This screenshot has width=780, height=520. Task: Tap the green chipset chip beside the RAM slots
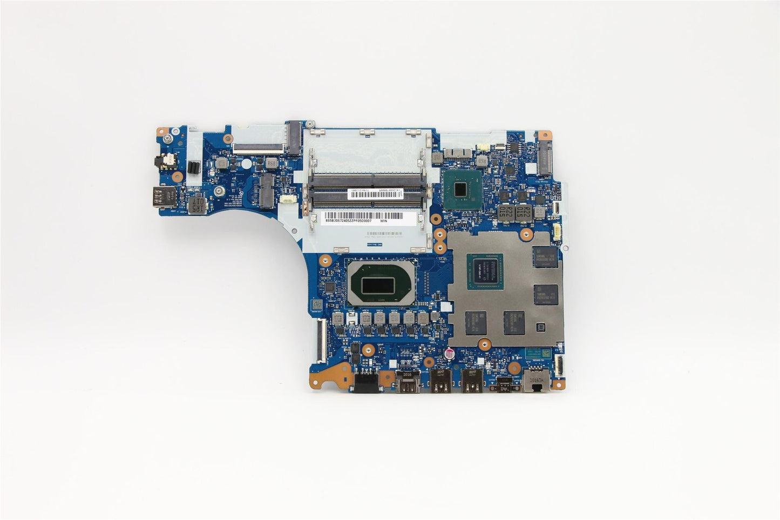pyautogui.click(x=460, y=188)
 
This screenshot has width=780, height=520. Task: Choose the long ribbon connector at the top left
pyautogui.click(x=257, y=146)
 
